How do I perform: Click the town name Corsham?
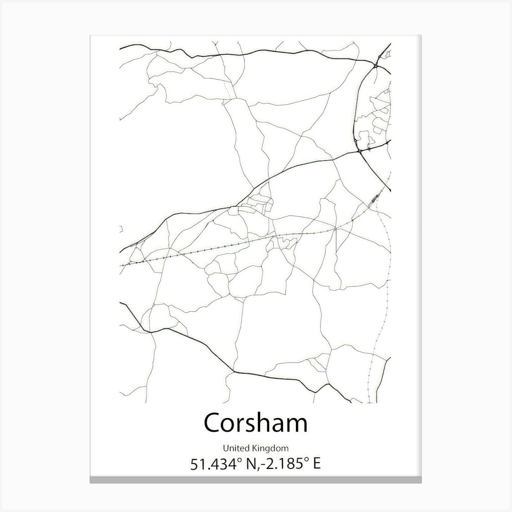256,423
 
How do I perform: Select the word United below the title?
233,448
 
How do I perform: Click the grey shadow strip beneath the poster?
256,481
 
